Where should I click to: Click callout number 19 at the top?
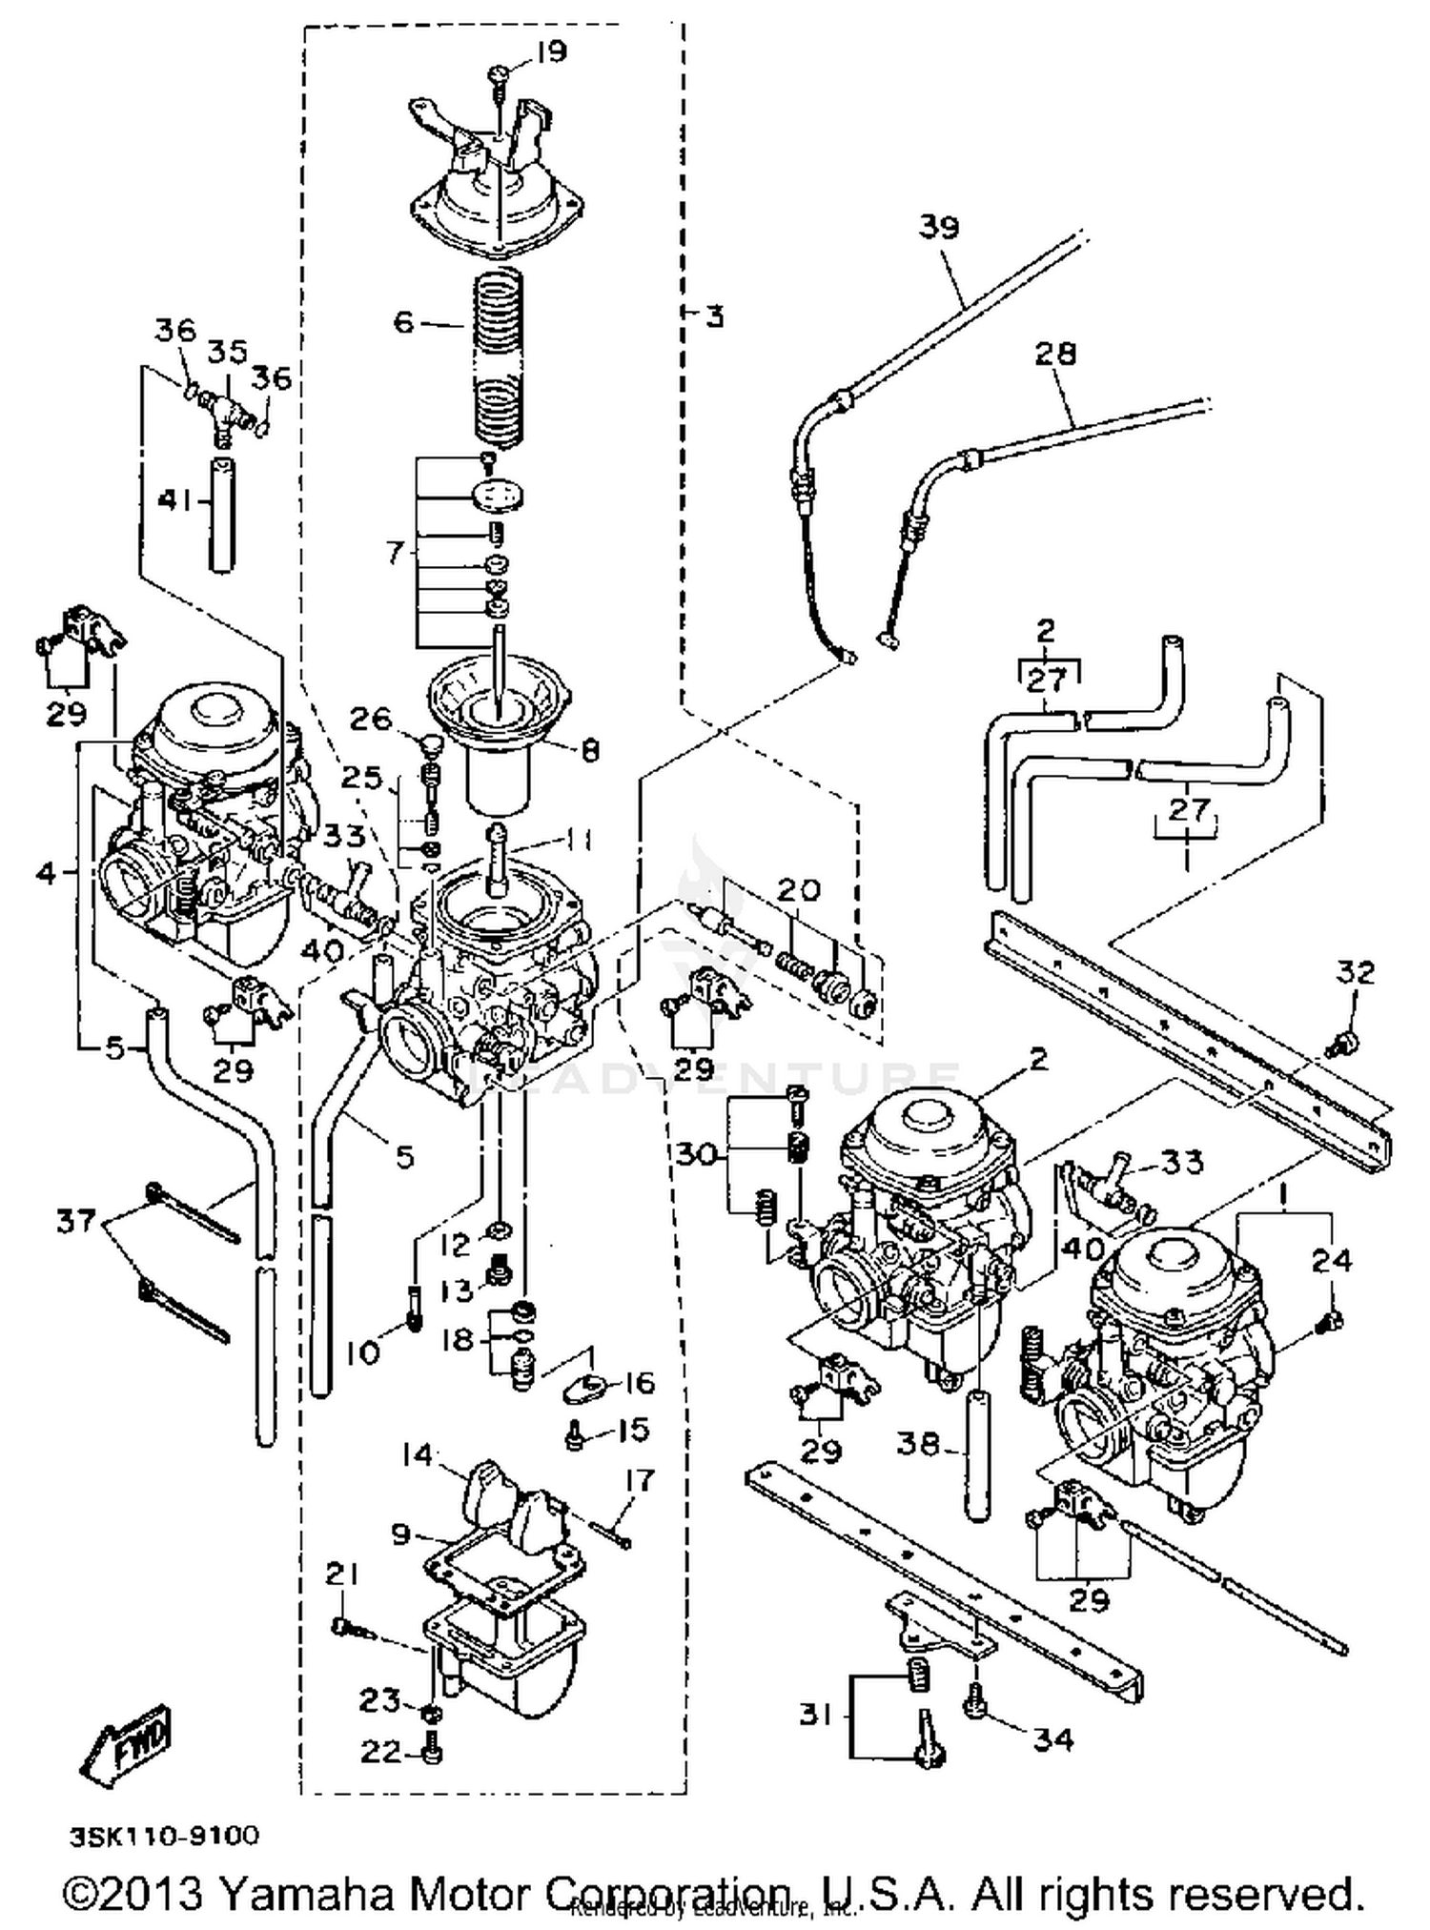tap(551, 51)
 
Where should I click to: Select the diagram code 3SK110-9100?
tap(163, 1836)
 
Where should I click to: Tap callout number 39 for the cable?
tap(939, 228)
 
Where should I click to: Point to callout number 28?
tap(1055, 354)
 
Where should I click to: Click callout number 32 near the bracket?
tap(1356, 973)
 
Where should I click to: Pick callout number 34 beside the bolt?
tap(1053, 1740)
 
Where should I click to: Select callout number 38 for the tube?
tap(918, 1445)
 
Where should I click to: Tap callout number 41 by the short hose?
tap(175, 500)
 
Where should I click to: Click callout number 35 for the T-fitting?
tap(228, 353)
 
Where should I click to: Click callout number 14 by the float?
tap(418, 1455)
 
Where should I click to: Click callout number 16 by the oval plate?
tap(640, 1383)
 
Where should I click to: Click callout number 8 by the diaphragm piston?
tap(590, 751)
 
